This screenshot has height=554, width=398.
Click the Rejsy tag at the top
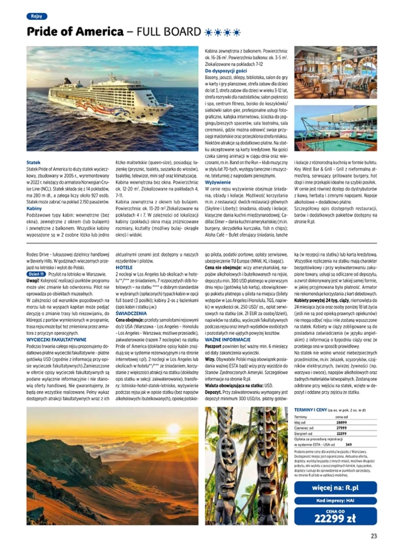[37, 16]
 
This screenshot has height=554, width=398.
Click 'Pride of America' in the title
[75, 32]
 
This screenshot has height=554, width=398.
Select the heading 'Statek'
[33, 162]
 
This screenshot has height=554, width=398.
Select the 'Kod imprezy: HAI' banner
[335, 500]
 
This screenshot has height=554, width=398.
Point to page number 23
[373, 537]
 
